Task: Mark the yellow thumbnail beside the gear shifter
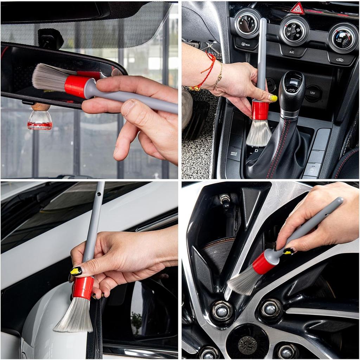(x=273, y=98)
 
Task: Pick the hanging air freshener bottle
(x=40, y=119)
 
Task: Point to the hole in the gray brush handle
(x=98, y=193)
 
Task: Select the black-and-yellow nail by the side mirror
(x=76, y=271)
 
